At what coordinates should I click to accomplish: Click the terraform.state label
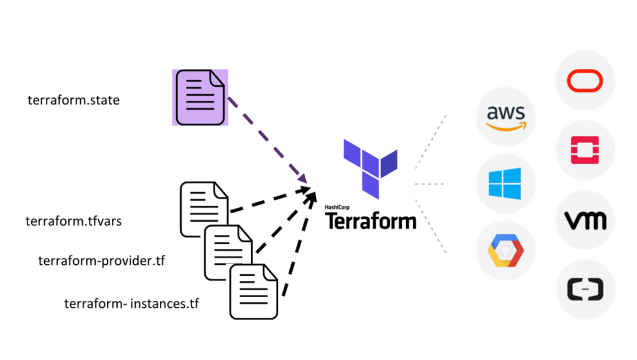coord(73,99)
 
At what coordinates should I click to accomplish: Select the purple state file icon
coord(200,98)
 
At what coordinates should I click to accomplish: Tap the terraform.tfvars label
coord(73,221)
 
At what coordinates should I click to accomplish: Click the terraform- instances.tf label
coord(132,304)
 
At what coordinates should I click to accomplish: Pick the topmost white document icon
coord(202,208)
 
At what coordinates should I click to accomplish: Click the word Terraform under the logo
coord(371,221)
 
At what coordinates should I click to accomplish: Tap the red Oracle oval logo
coord(585,81)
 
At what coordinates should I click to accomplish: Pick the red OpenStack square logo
coord(585,150)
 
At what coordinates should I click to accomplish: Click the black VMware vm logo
coord(585,221)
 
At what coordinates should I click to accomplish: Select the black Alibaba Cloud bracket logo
coord(585,290)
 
